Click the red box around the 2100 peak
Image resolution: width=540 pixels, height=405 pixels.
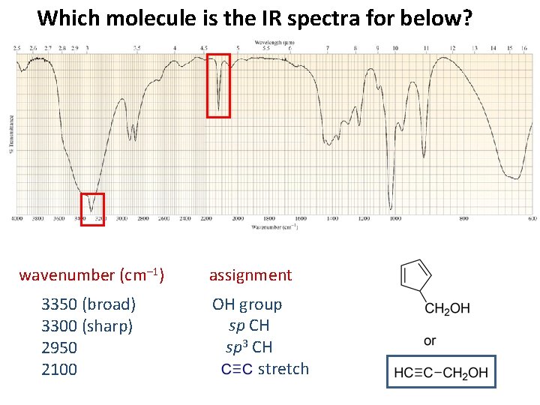(218, 85)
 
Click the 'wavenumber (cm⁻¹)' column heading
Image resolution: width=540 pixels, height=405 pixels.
(91, 275)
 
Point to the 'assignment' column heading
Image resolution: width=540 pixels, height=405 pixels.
(250, 275)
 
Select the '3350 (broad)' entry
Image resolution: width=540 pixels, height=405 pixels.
(88, 304)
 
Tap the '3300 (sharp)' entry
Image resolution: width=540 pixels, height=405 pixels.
(87, 326)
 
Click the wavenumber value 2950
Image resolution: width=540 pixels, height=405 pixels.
(59, 348)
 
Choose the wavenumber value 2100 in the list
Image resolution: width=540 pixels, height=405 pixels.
(59, 369)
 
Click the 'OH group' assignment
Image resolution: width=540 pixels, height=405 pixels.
(247, 304)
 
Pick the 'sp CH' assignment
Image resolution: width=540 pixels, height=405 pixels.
(249, 325)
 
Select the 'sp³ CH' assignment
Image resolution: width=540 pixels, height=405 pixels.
(249, 347)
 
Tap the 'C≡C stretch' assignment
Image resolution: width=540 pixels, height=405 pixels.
(265, 369)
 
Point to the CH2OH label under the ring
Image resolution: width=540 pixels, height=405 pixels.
(447, 308)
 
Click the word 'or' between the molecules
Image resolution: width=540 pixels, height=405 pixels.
(430, 340)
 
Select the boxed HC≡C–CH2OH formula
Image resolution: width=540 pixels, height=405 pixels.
(441, 372)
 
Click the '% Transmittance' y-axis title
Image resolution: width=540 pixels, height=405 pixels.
(10, 135)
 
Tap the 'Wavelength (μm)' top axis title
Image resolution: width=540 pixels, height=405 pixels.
(274, 43)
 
